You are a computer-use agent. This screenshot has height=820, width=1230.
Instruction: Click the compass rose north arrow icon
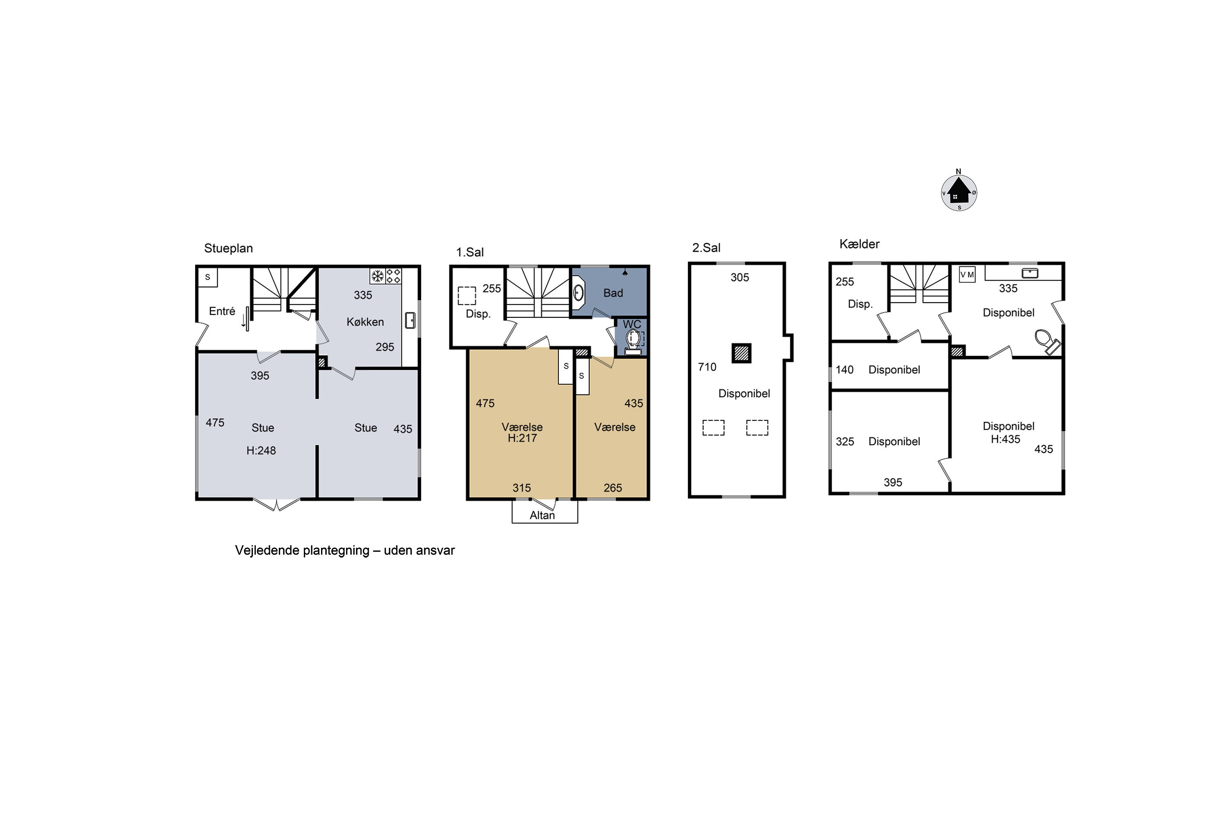[x=959, y=191]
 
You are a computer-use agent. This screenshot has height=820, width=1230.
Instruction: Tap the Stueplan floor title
[x=228, y=248]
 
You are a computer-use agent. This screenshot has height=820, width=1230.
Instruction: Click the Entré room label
[x=222, y=311]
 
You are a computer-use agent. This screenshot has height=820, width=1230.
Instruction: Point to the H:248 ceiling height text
[x=261, y=450]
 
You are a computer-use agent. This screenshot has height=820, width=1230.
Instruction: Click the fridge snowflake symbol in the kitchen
[x=377, y=276]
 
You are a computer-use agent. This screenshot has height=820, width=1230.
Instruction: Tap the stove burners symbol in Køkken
[x=393, y=276]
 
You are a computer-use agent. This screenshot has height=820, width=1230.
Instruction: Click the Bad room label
[x=613, y=293]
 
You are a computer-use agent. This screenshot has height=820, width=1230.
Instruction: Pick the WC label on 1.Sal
[x=632, y=324]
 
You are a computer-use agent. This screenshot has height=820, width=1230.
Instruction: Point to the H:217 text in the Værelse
[x=522, y=438]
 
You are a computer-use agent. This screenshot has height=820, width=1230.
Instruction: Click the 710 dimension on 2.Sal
[x=707, y=367]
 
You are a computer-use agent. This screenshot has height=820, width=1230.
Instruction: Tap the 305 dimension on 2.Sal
[x=740, y=278]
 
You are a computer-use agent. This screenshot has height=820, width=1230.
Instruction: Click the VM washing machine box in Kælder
[x=967, y=275]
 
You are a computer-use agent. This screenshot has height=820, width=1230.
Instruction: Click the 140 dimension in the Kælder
[x=844, y=370]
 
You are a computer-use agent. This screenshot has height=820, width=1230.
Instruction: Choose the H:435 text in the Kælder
[x=1005, y=439]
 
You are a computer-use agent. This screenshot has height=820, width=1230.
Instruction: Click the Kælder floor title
[x=859, y=244]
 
